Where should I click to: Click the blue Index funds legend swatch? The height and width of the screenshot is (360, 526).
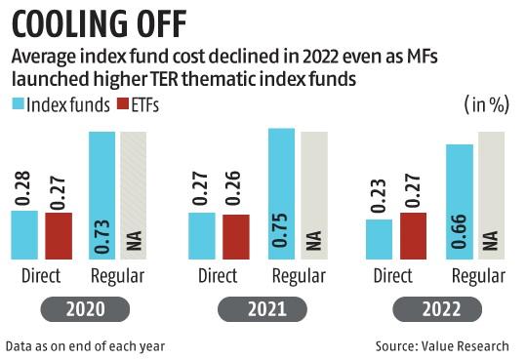tap(19, 104)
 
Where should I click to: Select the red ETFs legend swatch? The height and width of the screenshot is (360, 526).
tap(122, 104)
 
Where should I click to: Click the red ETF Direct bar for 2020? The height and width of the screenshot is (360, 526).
tap(59, 233)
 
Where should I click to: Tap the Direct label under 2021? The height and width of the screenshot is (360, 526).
tap(218, 276)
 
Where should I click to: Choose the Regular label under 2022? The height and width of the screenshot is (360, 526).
tap(475, 276)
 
